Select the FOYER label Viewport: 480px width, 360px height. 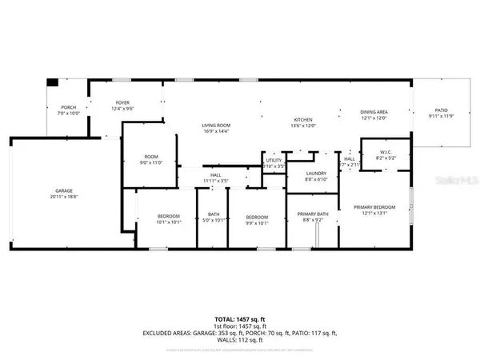point(122,103)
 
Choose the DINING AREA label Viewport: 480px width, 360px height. point(374,113)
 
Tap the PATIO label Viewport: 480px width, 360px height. point(442,110)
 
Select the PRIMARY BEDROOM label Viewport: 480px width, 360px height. point(374,206)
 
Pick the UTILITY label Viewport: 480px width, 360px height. point(274,160)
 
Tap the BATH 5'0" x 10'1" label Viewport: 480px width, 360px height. point(214,214)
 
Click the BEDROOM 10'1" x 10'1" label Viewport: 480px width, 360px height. point(168,217)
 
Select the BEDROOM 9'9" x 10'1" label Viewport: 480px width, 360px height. point(256,217)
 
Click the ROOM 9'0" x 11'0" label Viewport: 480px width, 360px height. point(152,158)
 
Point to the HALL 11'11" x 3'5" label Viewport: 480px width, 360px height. point(216,175)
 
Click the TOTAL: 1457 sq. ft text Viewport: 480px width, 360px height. point(240,318)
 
